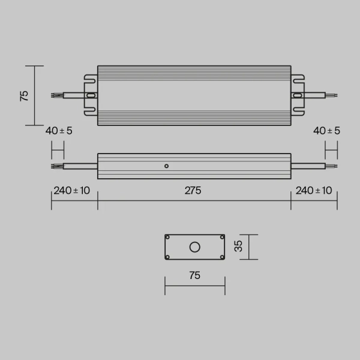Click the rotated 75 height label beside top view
click(x=25, y=95)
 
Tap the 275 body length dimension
click(x=193, y=191)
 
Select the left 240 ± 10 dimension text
click(x=72, y=191)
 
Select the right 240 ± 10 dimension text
click(x=314, y=191)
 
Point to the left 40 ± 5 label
click(x=59, y=131)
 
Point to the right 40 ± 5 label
click(x=326, y=131)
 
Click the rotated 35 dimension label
click(x=238, y=247)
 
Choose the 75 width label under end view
click(x=194, y=276)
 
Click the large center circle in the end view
click(x=194, y=247)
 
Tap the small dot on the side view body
click(x=166, y=165)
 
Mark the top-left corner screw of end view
click(x=167, y=238)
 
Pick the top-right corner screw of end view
click(x=222, y=238)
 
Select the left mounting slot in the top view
click(x=91, y=95)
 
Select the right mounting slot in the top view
click(x=298, y=95)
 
